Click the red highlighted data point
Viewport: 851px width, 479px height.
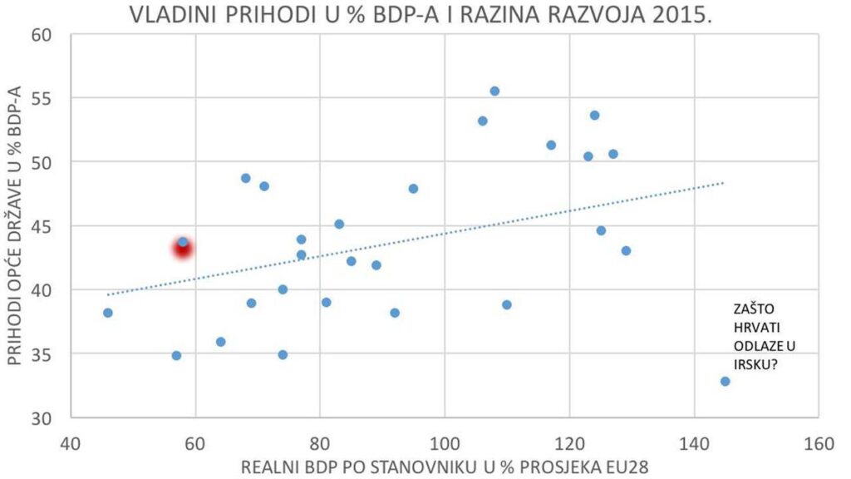pyautogui.click(x=183, y=248)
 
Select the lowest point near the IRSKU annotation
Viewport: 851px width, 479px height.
pyautogui.click(x=725, y=381)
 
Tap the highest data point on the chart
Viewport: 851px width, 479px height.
pyautogui.click(x=494, y=91)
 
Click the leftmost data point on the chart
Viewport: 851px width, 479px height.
pyautogui.click(x=108, y=313)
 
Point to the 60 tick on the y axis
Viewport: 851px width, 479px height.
pyautogui.click(x=42, y=35)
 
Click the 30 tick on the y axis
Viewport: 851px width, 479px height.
pyautogui.click(x=42, y=418)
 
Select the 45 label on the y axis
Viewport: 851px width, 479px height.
pyautogui.click(x=42, y=226)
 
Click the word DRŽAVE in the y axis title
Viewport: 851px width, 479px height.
pyautogui.click(x=18, y=185)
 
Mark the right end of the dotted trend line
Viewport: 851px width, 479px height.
pyautogui.click(x=724, y=183)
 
